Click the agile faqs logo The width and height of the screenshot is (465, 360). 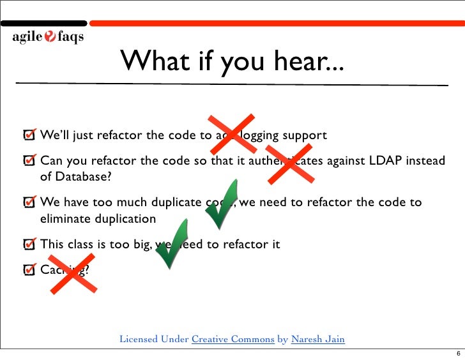[x=47, y=37]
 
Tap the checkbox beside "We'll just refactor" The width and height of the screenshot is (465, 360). [x=29, y=135]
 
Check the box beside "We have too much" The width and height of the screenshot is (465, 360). [x=29, y=202]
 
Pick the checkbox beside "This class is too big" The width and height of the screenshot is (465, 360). [x=29, y=244]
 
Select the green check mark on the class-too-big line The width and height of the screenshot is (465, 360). [x=171, y=243]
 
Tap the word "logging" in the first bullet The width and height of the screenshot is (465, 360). [x=260, y=136]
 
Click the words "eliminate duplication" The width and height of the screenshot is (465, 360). [x=98, y=219]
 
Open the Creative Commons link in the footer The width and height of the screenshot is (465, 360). [x=233, y=339]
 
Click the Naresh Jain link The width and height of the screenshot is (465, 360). [x=317, y=339]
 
